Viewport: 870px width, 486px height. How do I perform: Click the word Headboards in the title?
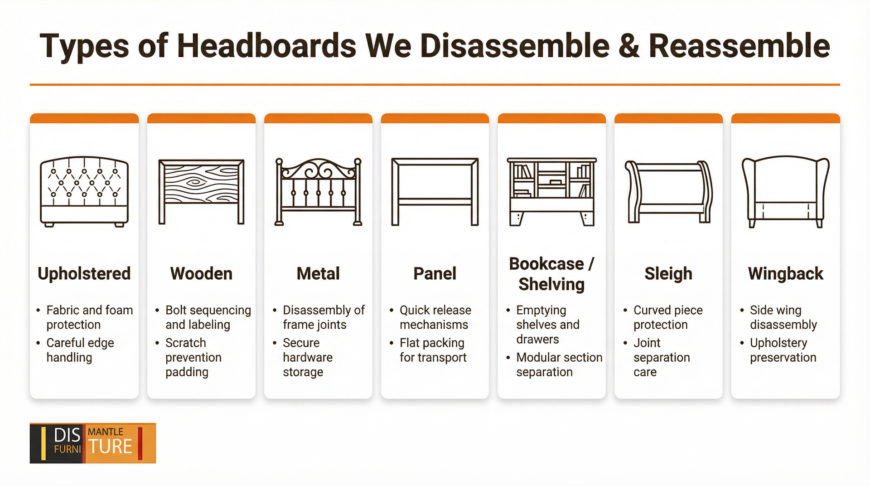coord(267,46)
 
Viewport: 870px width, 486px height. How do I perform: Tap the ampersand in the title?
coord(628,46)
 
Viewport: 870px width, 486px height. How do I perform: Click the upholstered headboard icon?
coord(84,192)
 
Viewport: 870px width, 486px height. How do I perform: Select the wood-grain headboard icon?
coord(201,192)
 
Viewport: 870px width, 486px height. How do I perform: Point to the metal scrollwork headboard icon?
coord(318,192)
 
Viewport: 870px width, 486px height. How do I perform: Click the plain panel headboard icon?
coord(435,192)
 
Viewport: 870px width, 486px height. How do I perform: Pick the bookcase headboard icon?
coord(551,192)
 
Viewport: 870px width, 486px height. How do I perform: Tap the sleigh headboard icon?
coord(668,192)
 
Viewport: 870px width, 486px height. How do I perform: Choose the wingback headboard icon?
coord(785,192)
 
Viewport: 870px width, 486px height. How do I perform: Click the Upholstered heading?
coord(84,274)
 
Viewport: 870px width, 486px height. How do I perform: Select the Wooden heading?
coord(201,274)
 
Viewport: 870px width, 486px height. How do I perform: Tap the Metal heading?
coord(318,274)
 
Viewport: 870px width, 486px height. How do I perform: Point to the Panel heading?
coord(435,274)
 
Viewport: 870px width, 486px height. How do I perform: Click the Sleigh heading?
coord(668,274)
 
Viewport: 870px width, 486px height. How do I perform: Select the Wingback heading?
coord(785,274)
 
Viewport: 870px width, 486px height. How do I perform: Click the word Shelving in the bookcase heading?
coord(551,285)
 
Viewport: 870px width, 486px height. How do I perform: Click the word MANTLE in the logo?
coord(106,432)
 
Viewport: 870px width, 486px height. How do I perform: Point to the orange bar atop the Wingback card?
coord(785,118)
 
